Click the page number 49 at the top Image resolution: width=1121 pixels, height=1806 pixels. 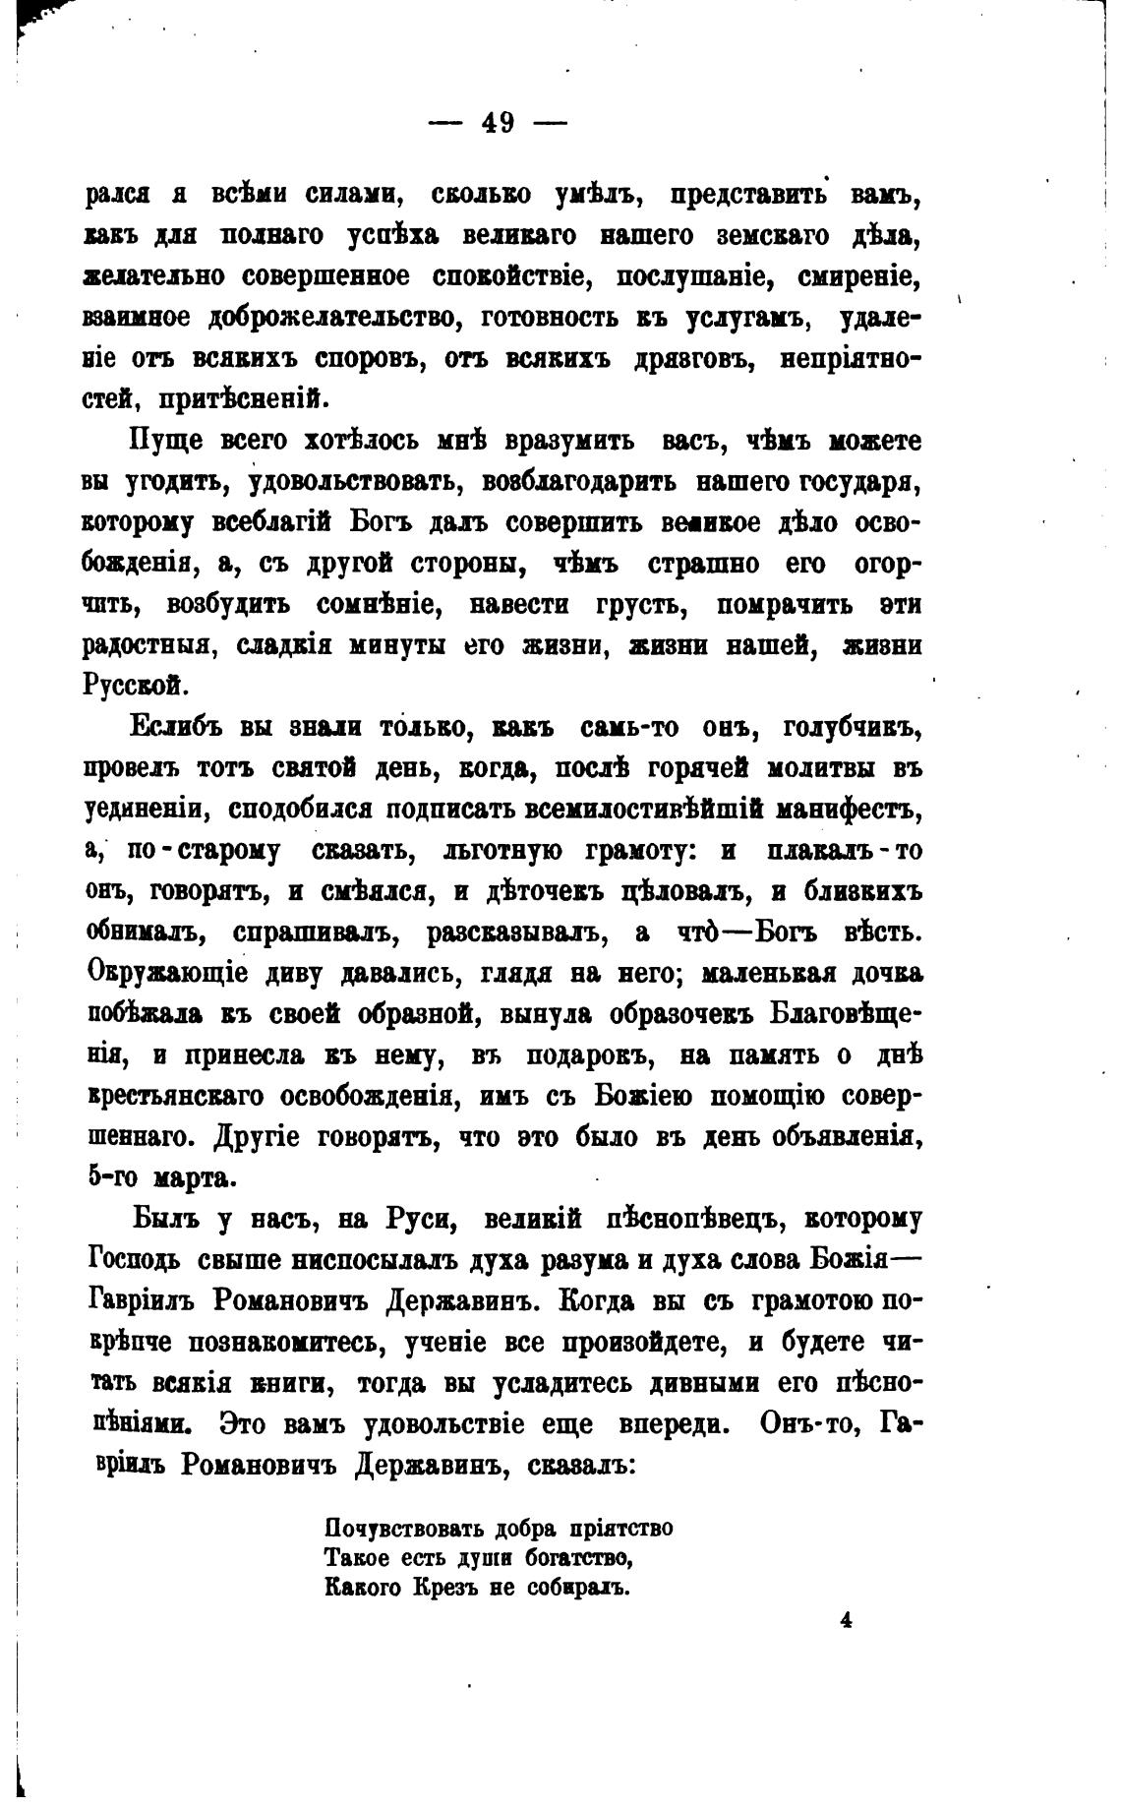(x=499, y=124)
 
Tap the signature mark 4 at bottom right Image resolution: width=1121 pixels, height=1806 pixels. (x=845, y=1621)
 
